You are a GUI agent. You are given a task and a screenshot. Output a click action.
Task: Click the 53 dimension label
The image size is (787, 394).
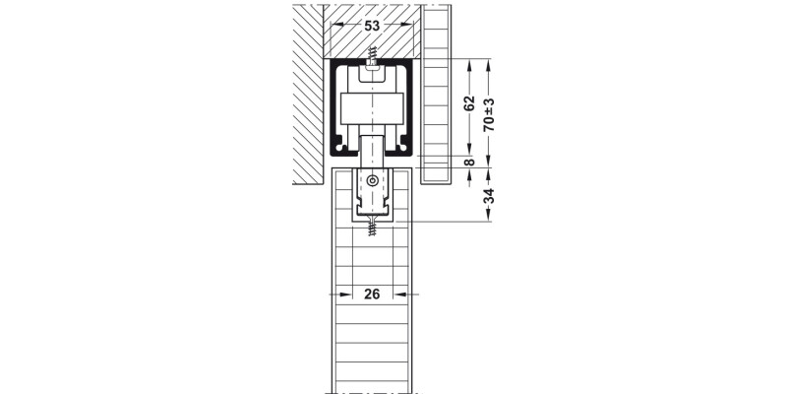pyautogui.click(x=372, y=27)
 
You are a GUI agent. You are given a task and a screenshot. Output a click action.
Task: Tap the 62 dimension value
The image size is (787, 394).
pyautogui.click(x=469, y=103)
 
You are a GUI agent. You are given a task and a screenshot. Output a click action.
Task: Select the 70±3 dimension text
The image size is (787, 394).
pyautogui.click(x=489, y=114)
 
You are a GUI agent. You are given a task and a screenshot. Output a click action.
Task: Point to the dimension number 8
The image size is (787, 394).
pyautogui.click(x=469, y=162)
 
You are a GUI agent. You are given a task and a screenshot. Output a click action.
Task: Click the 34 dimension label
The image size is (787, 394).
pyautogui.click(x=489, y=195)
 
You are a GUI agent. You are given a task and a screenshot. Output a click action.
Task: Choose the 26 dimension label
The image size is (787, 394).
pyautogui.click(x=372, y=294)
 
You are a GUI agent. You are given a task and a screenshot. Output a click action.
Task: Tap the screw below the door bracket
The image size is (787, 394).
pyautogui.click(x=372, y=226)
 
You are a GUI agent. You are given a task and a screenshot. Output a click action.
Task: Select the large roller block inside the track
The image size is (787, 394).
pyautogui.click(x=372, y=108)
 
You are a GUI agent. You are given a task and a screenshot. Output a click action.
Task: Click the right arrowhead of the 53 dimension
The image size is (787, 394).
pyautogui.click(x=407, y=23)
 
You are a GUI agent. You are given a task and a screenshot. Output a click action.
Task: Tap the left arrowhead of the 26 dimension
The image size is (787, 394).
pyautogui.click(x=346, y=295)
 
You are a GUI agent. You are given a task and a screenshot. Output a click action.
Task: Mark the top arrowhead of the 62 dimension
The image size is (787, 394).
pyautogui.click(x=469, y=65)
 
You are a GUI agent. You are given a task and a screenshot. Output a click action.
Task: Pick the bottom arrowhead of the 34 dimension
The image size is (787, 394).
pyautogui.click(x=488, y=215)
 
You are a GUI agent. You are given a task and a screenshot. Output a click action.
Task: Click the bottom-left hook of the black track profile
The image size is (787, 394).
pyautogui.click(x=340, y=148)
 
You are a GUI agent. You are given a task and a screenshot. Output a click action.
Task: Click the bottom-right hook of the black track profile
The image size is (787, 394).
pyautogui.click(x=403, y=148)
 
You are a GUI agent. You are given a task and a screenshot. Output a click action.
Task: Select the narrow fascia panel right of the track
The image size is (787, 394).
pyautogui.click(x=436, y=95)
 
